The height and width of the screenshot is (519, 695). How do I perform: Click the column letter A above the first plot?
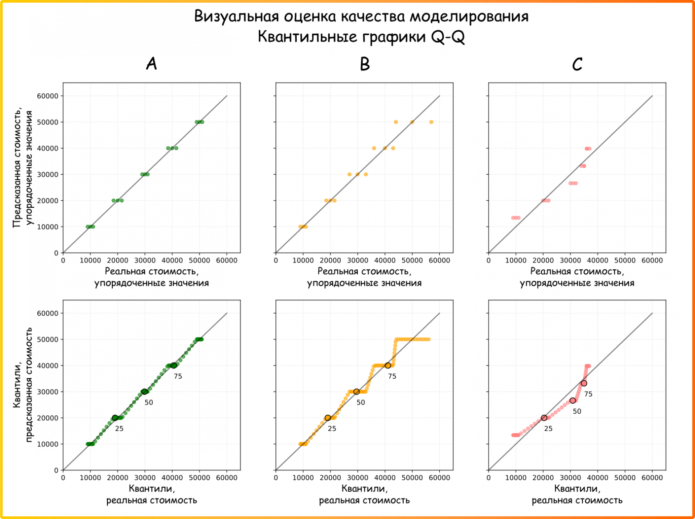pos(151,65)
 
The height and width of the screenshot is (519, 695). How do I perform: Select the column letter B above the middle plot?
pos(364,65)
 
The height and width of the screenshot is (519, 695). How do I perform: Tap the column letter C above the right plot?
pos(577,65)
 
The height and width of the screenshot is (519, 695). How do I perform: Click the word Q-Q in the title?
pos(448,37)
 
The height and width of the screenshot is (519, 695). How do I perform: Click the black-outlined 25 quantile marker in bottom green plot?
pos(115,418)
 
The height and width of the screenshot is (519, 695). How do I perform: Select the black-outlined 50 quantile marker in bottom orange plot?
pos(356,391)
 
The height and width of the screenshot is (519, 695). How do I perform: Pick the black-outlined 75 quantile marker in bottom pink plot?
pos(584,383)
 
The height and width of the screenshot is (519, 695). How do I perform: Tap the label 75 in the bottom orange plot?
pos(392,376)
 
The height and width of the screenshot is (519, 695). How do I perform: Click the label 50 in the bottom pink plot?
pos(577,411)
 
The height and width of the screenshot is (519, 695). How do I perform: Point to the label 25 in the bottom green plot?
pos(119,428)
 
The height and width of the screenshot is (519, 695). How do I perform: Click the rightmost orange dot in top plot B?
pos(431,122)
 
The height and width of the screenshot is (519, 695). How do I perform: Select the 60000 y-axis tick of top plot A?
pos(47,96)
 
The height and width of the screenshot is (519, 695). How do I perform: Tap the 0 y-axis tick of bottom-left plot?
pos(56,470)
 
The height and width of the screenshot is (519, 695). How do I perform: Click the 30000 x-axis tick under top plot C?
pos(570,260)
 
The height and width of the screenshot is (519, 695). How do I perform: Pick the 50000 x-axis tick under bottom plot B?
pos(412,478)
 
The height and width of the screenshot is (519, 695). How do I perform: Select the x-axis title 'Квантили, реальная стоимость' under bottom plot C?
pos(577,494)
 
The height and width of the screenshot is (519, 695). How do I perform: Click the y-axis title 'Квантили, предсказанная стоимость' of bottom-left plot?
pos(24,384)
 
